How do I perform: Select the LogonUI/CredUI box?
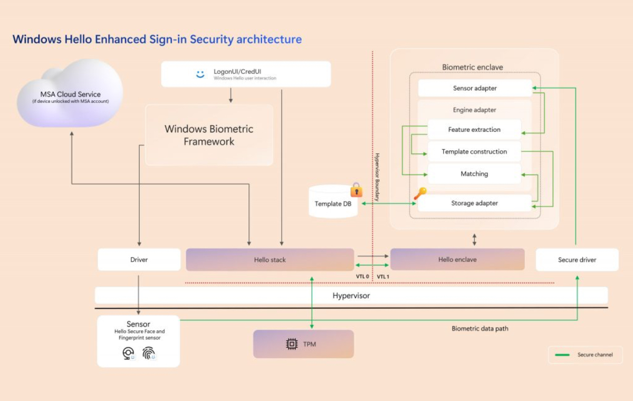246,74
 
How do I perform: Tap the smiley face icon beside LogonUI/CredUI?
200,74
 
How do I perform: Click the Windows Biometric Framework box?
209,135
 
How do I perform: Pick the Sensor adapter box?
475,88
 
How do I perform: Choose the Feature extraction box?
474,129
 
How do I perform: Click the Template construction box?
474,151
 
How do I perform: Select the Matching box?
474,174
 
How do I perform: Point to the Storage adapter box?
474,203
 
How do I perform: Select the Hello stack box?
270,260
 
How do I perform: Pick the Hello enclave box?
457,260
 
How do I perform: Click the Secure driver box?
577,260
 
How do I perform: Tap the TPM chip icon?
292,344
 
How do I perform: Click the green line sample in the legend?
562,355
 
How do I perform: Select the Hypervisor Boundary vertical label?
377,177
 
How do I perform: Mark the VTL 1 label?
383,276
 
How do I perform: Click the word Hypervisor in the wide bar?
351,295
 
